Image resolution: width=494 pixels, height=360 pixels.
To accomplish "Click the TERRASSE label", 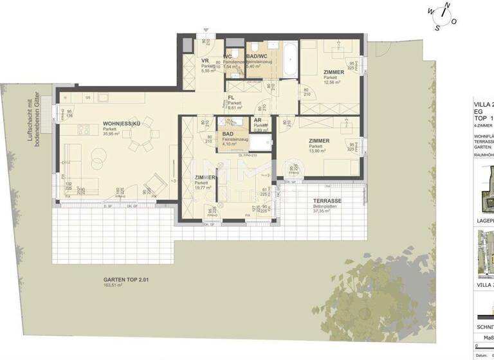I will tap(324, 201).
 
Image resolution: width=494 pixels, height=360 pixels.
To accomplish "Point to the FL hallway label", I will tap(231, 98).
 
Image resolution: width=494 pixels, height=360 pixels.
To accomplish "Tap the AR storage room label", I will tap(257, 120).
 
